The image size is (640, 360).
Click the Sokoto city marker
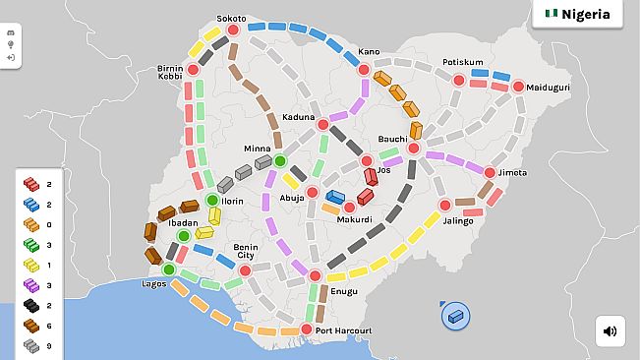pyautogui.click(x=233, y=30)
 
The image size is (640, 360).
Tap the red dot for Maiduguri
pyautogui.click(x=518, y=87)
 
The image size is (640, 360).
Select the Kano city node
pyautogui.click(x=363, y=69)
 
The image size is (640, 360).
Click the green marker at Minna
pyautogui.click(x=279, y=160)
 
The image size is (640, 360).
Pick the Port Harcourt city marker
pyautogui.click(x=306, y=330)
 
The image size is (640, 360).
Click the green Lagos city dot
pyautogui.click(x=168, y=270)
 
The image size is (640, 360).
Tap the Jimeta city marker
pyautogui.click(x=489, y=173)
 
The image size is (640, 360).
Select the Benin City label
pyautogui.click(x=245, y=252)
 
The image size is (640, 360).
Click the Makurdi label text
pyautogui.click(x=356, y=219)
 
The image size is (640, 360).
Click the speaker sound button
pyautogui.click(x=610, y=330)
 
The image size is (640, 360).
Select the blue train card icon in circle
pyautogui.click(x=455, y=316)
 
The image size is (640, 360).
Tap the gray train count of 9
pyautogui.click(x=49, y=346)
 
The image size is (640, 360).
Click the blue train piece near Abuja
pyautogui.click(x=335, y=197)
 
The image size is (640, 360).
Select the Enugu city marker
pyautogui.click(x=315, y=275)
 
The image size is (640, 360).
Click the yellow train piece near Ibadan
pyautogui.click(x=204, y=232)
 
